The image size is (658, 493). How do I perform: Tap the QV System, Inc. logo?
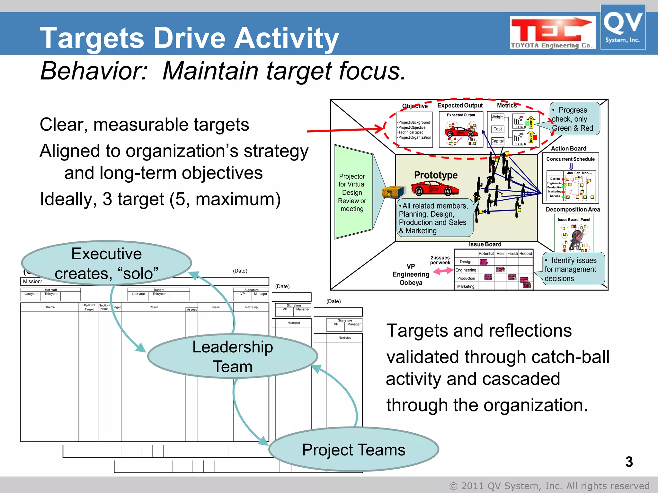623,27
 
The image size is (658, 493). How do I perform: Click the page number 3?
629,462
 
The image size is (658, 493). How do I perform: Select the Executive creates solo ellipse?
106,263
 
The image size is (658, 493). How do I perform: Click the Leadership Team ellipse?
232,356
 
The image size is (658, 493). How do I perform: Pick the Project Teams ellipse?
353,449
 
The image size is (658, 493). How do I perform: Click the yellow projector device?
392,192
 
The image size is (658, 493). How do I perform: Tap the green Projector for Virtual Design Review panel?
352,192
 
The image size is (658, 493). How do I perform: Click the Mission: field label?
32,281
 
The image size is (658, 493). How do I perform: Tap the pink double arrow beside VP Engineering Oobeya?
443,271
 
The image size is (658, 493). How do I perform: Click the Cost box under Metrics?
497,129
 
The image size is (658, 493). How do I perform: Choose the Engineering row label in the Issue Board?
466,270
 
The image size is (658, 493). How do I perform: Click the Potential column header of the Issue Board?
486,254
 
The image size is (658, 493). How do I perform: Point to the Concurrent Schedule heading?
570,159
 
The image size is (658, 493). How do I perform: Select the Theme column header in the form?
50,307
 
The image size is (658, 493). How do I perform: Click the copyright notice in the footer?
549,486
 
